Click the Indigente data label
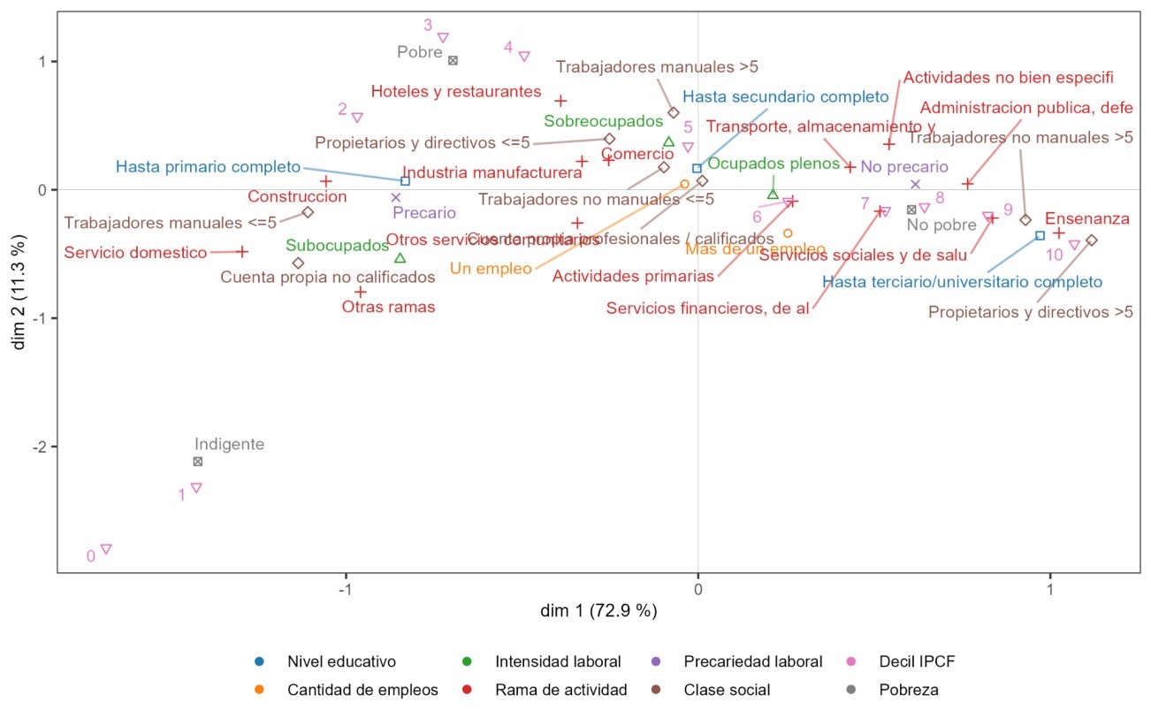pos(229,445)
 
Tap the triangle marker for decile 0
pos(106,549)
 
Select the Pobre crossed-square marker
pos(453,61)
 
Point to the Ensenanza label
pos(1087,218)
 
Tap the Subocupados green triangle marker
pos(400,258)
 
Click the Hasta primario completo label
pos(209,166)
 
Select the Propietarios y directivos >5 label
pos(1031,312)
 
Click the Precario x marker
pos(396,197)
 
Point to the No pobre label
pos(941,225)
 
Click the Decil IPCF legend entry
pos(917,661)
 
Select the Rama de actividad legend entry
pos(560,690)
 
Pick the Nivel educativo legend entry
pos(341,661)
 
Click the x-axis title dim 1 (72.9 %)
pos(599,611)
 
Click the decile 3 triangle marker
pos(443,38)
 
